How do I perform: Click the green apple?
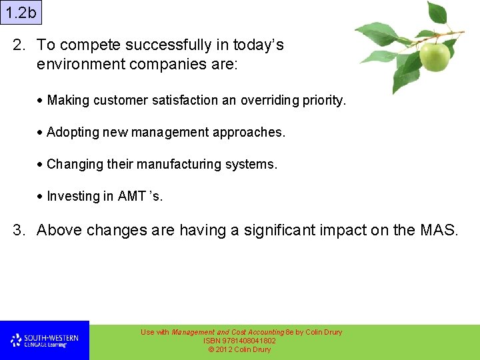[x=434, y=57]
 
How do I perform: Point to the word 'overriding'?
[x=269, y=101]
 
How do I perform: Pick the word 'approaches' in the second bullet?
[x=248, y=133]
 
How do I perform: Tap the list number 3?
[x=19, y=231]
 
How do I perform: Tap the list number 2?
[x=19, y=45]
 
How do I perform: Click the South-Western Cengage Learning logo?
[x=44, y=341]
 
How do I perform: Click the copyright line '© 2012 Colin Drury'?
[x=240, y=349]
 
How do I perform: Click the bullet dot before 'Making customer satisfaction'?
[x=41, y=101]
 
